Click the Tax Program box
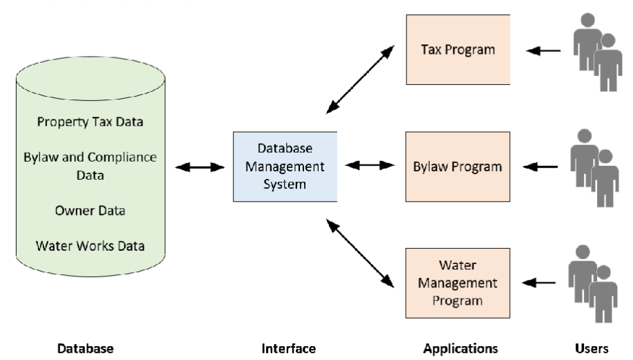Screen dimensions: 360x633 (x=457, y=50)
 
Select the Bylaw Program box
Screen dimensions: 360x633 (x=457, y=167)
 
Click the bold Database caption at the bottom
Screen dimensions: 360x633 (x=85, y=348)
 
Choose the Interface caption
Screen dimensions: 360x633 (x=288, y=348)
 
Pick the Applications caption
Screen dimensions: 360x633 (x=460, y=348)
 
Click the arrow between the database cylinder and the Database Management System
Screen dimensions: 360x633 (x=201, y=167)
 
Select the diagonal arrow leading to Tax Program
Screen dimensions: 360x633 (x=360, y=78)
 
